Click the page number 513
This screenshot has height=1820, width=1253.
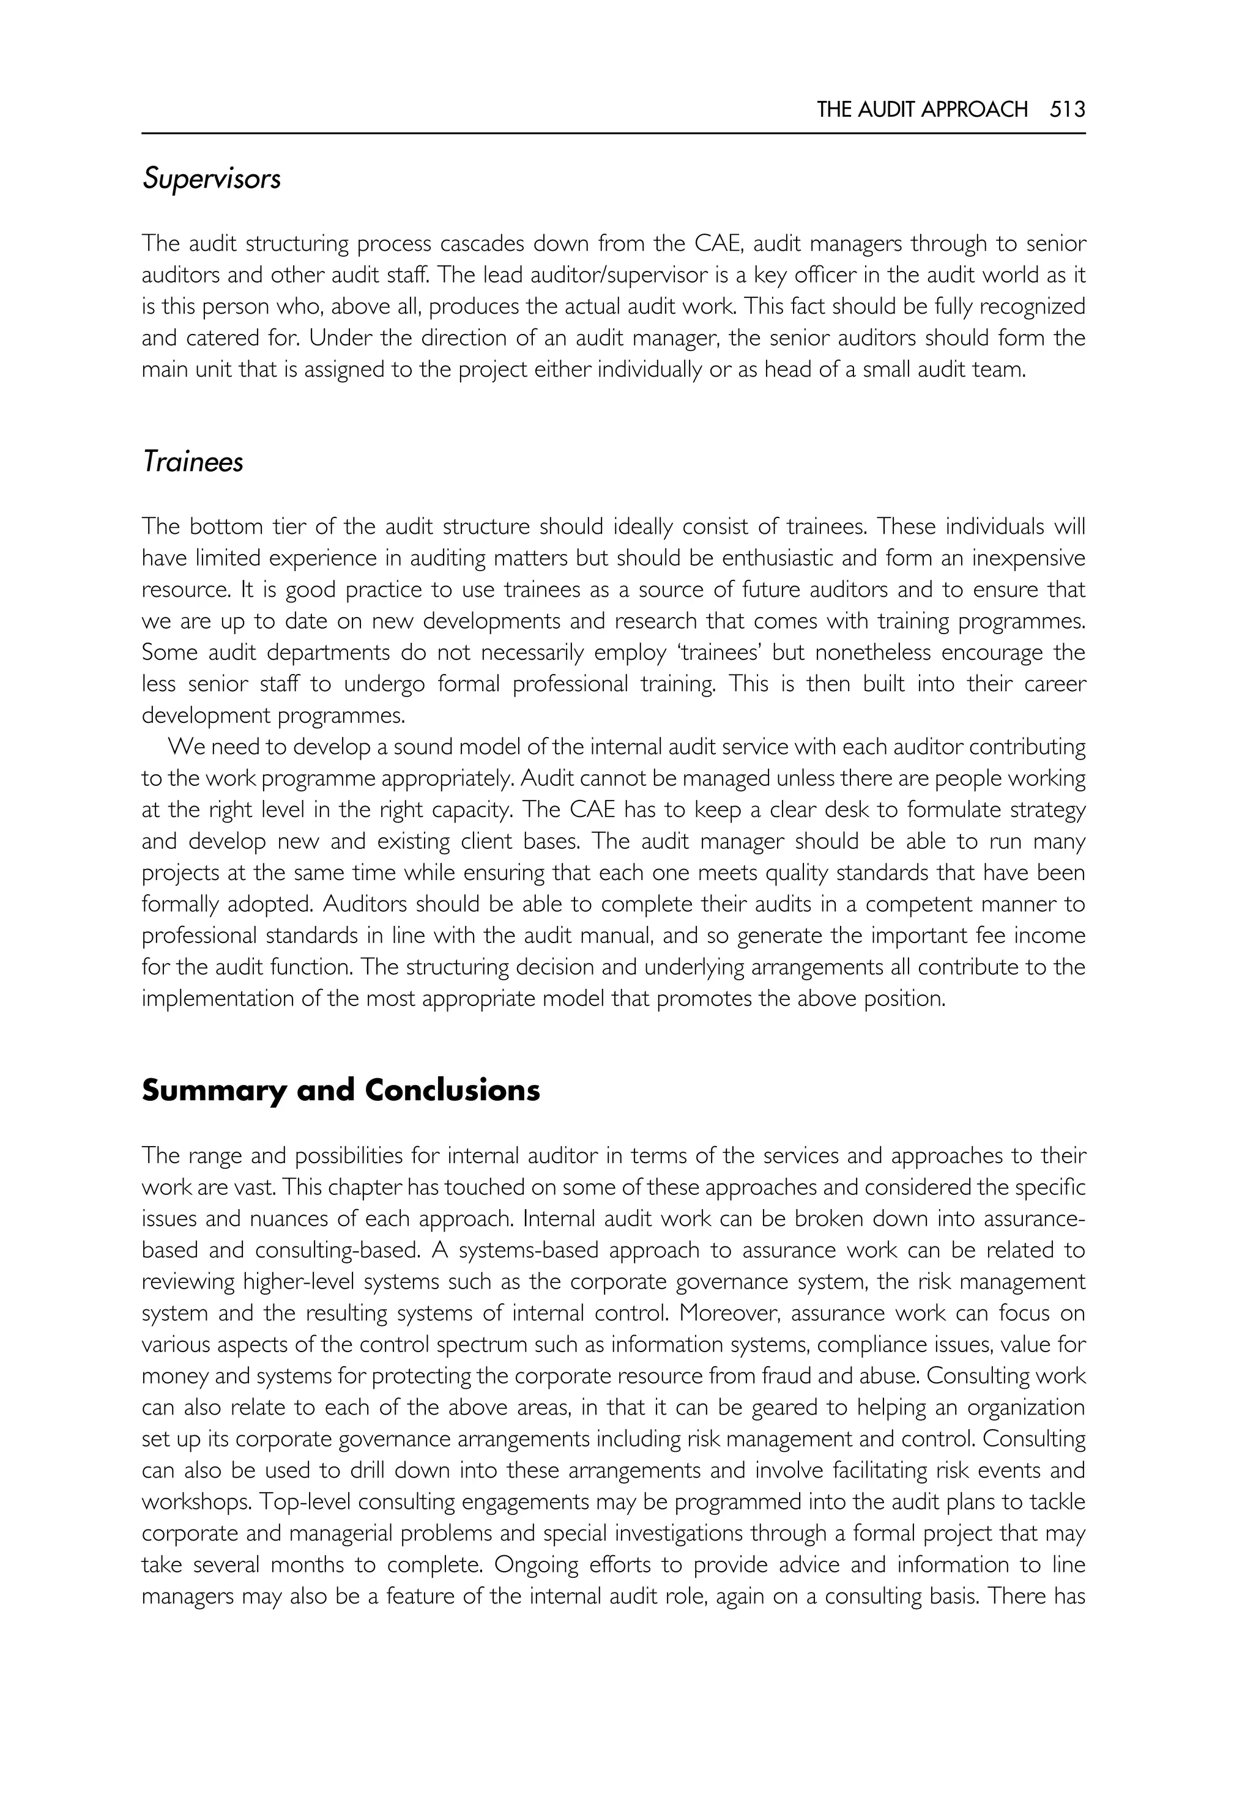[x=1067, y=110]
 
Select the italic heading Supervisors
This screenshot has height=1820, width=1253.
[x=211, y=180]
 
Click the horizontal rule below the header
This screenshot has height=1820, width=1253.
[x=613, y=134]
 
